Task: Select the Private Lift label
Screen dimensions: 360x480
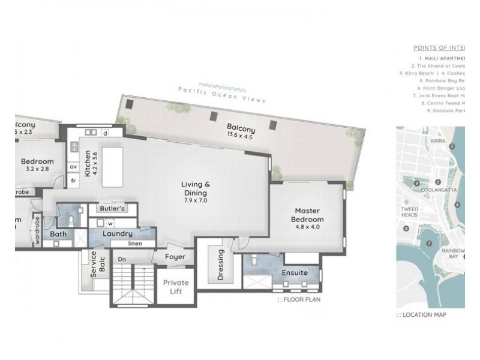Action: click(x=176, y=287)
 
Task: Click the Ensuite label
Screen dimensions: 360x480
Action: click(x=295, y=272)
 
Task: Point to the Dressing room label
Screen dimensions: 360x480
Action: click(x=220, y=265)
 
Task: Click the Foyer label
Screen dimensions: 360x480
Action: click(x=176, y=257)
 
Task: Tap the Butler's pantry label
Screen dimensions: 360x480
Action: click(x=112, y=209)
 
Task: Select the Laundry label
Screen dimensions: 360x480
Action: click(x=117, y=233)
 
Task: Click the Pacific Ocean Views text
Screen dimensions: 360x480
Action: click(x=221, y=94)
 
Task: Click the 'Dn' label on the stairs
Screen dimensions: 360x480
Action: click(x=121, y=259)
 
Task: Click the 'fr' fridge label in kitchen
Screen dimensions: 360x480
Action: click(x=74, y=180)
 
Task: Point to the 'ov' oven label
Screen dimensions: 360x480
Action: click(x=74, y=167)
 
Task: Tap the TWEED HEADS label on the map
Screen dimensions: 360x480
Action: click(x=409, y=212)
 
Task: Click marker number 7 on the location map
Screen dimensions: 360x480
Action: click(x=429, y=243)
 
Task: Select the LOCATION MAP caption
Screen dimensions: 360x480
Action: click(x=424, y=314)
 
